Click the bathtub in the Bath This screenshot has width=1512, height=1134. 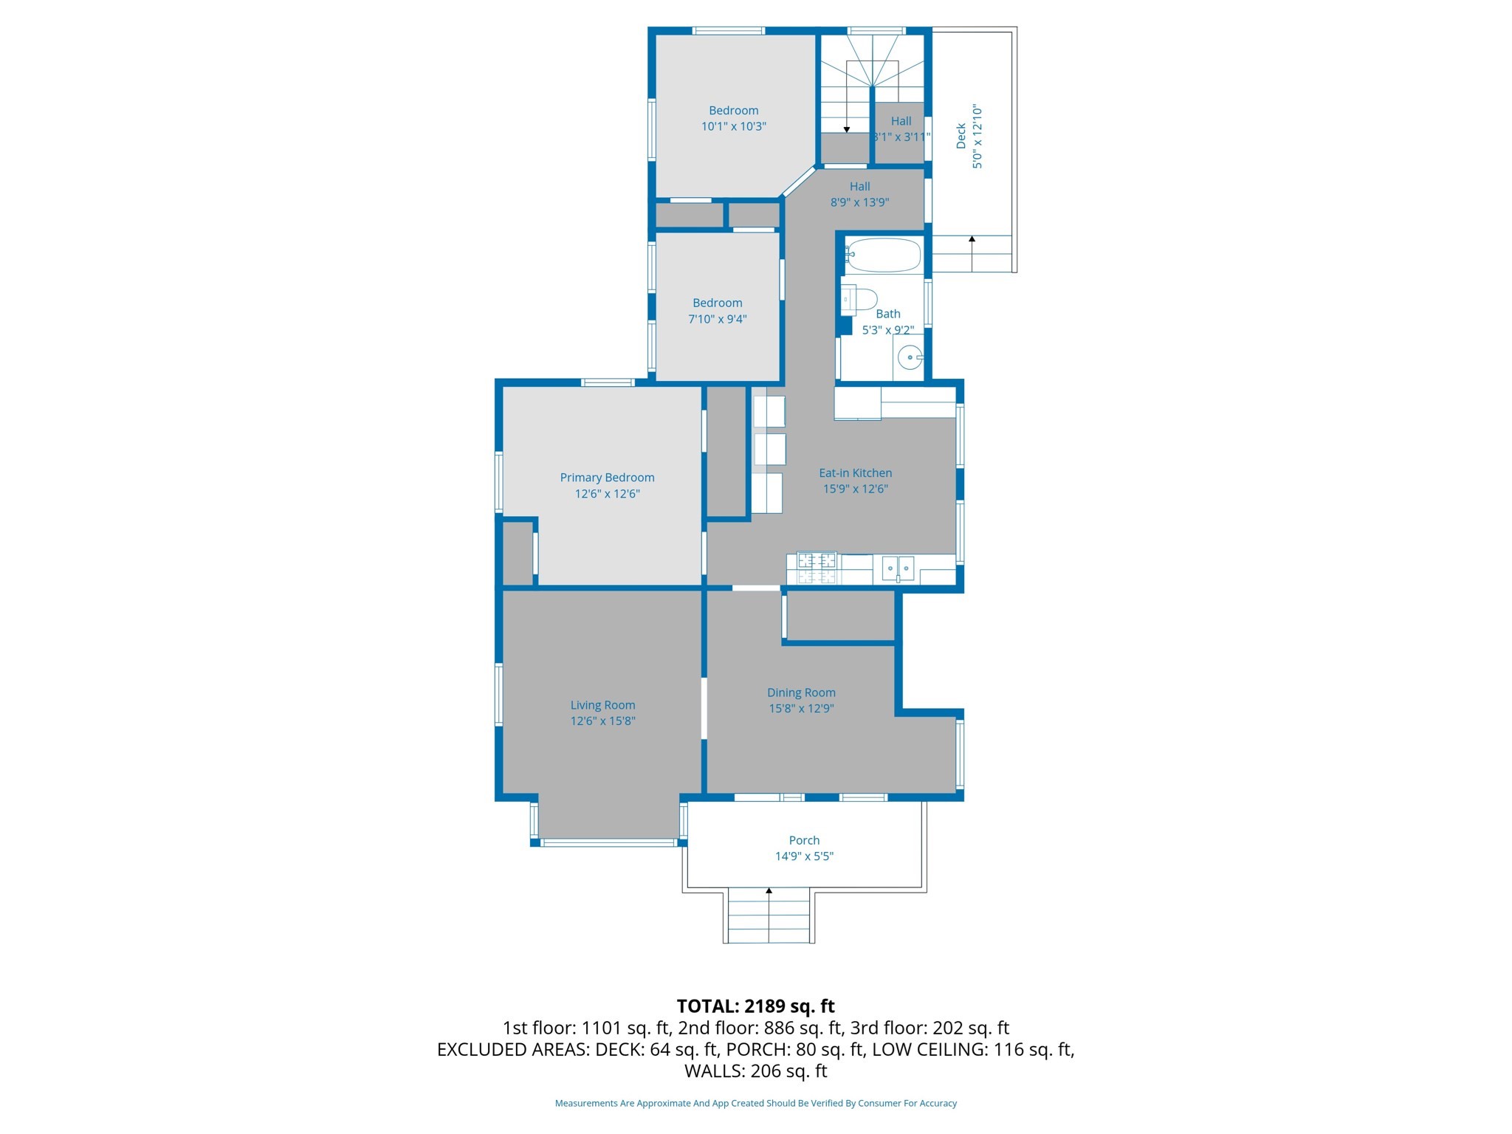tap(883, 255)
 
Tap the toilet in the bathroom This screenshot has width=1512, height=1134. tap(859, 300)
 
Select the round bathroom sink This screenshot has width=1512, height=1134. tap(910, 357)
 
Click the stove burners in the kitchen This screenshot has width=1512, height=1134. tap(817, 568)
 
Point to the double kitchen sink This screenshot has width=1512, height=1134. tap(898, 568)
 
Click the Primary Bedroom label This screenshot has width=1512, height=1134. tap(607, 478)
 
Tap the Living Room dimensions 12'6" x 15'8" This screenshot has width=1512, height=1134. tap(602, 721)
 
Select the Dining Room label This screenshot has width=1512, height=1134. tap(801, 693)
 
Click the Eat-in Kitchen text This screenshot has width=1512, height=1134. tap(855, 473)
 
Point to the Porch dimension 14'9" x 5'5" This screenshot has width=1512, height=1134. tap(804, 856)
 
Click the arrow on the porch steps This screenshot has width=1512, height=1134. tap(769, 892)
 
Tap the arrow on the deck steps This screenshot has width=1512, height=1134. tap(972, 240)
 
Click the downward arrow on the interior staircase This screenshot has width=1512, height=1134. tap(847, 129)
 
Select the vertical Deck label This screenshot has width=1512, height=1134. tap(961, 136)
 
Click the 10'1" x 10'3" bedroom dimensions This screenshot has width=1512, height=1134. tap(733, 127)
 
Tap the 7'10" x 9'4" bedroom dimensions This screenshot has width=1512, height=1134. tap(717, 320)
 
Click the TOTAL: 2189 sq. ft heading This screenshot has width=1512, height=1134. tap(755, 1006)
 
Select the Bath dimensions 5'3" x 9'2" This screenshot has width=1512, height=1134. tap(887, 330)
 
